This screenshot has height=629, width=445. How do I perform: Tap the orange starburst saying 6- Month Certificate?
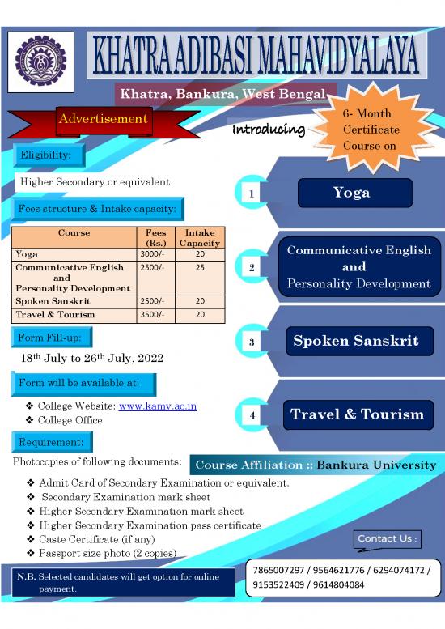(x=371, y=130)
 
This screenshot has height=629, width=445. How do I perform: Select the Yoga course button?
(x=352, y=193)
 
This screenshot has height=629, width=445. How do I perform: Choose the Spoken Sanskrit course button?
(x=355, y=341)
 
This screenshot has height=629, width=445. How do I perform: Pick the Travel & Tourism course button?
(x=357, y=414)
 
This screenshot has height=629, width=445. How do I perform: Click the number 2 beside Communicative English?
(x=252, y=267)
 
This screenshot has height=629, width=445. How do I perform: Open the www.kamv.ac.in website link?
(x=158, y=406)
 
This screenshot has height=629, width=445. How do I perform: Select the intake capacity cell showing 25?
(x=199, y=266)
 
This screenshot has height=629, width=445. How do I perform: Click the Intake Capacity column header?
(x=199, y=237)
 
